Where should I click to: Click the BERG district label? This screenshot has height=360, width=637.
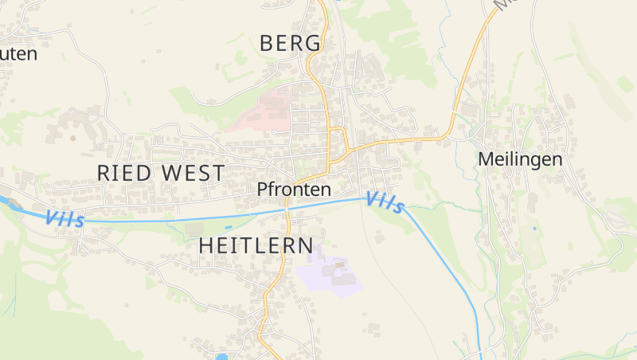(x=291, y=43)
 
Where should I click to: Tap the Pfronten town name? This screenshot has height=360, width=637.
(x=294, y=190)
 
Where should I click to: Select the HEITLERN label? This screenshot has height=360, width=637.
(x=256, y=245)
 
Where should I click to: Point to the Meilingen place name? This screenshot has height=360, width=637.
(x=520, y=159)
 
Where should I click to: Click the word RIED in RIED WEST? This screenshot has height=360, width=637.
(x=124, y=172)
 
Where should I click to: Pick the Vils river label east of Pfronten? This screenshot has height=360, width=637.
(x=385, y=203)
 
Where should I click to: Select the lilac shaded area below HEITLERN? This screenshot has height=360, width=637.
(x=326, y=272)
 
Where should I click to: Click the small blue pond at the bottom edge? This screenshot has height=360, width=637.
(x=221, y=356)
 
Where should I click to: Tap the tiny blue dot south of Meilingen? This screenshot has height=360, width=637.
(x=534, y=229)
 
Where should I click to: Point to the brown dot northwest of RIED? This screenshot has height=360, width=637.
(x=73, y=138)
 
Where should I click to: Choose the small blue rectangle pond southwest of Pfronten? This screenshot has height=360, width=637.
(x=228, y=227)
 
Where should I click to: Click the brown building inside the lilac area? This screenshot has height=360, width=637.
(x=340, y=264)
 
